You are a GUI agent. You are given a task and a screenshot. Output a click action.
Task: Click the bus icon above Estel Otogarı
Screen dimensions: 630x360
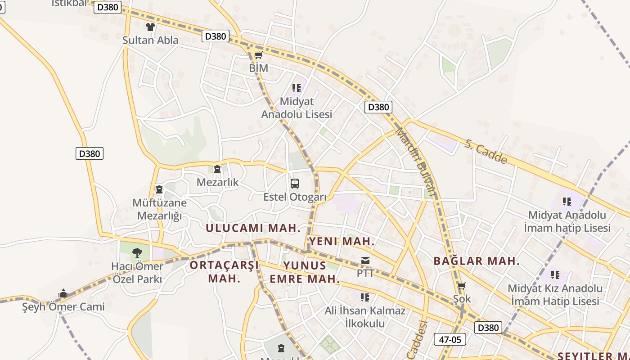(x=295, y=184)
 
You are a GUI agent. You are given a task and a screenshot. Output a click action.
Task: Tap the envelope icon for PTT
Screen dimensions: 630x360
(x=365, y=261)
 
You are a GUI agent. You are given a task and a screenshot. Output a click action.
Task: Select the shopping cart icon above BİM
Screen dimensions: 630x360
(x=258, y=55)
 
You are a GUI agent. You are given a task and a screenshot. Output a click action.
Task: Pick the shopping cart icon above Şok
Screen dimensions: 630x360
(x=461, y=286)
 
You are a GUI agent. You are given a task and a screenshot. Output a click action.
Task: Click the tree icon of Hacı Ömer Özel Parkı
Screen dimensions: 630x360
(x=137, y=253)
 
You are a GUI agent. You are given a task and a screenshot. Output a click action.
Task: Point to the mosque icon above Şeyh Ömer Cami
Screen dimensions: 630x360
(x=63, y=294)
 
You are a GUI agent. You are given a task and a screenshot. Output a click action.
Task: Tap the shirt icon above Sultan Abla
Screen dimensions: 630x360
(x=150, y=27)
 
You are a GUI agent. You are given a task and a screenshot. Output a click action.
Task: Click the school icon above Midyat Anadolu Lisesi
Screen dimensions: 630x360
(x=296, y=88)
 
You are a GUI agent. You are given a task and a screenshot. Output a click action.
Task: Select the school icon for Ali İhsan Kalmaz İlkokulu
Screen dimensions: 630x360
(x=365, y=297)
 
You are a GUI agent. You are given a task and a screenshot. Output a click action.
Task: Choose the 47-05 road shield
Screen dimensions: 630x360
(x=450, y=339)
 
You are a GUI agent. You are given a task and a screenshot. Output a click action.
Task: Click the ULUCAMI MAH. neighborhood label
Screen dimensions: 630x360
(x=253, y=228)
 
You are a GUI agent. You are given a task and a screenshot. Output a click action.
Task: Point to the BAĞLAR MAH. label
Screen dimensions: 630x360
(x=477, y=261)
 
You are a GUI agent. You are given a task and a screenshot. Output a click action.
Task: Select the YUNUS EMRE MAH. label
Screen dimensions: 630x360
(x=305, y=272)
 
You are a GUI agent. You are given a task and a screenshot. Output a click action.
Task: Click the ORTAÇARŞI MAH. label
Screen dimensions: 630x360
(x=224, y=271)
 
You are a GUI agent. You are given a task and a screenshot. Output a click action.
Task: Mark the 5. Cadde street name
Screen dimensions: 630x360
(x=486, y=152)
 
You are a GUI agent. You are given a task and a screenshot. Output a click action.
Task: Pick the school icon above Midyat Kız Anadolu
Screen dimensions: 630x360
(x=555, y=274)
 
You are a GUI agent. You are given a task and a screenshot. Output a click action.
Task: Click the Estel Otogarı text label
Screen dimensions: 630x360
(x=295, y=197)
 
